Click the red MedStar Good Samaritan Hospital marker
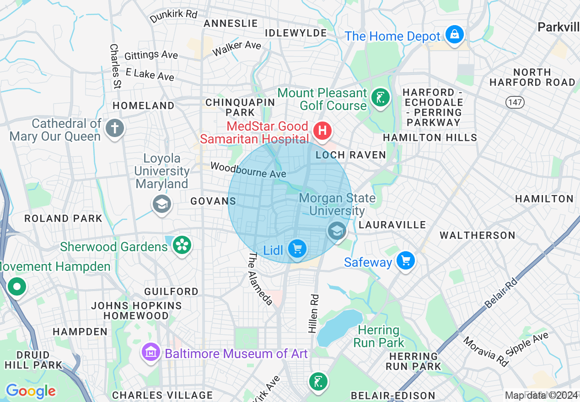tap(322, 131)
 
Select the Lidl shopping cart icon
tap(297, 249)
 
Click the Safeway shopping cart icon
tap(405, 261)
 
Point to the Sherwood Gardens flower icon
tap(182, 246)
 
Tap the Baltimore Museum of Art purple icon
tap(150, 353)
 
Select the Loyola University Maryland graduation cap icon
tap(161, 204)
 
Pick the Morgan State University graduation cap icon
tap(337, 231)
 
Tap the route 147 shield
tap(515, 102)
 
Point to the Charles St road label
tap(115, 66)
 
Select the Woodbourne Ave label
tap(248, 169)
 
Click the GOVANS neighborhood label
tap(213, 201)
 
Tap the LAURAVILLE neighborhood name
tap(392, 225)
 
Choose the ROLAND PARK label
tap(63, 218)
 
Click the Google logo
tap(31, 391)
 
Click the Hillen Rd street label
tap(314, 313)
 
